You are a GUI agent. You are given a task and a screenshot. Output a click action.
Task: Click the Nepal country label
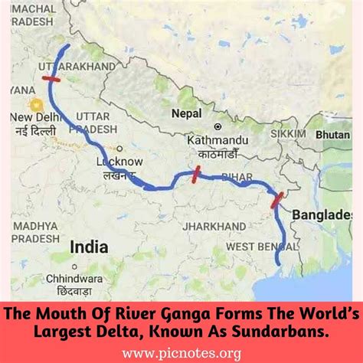(x=186, y=113)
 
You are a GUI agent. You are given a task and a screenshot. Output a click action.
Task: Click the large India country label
(x=88, y=247)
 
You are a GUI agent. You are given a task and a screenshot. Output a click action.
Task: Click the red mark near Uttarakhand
(x=51, y=77)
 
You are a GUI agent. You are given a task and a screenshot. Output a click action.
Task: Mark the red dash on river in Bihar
(x=195, y=175)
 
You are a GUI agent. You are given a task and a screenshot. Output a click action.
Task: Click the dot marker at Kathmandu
(x=217, y=126)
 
